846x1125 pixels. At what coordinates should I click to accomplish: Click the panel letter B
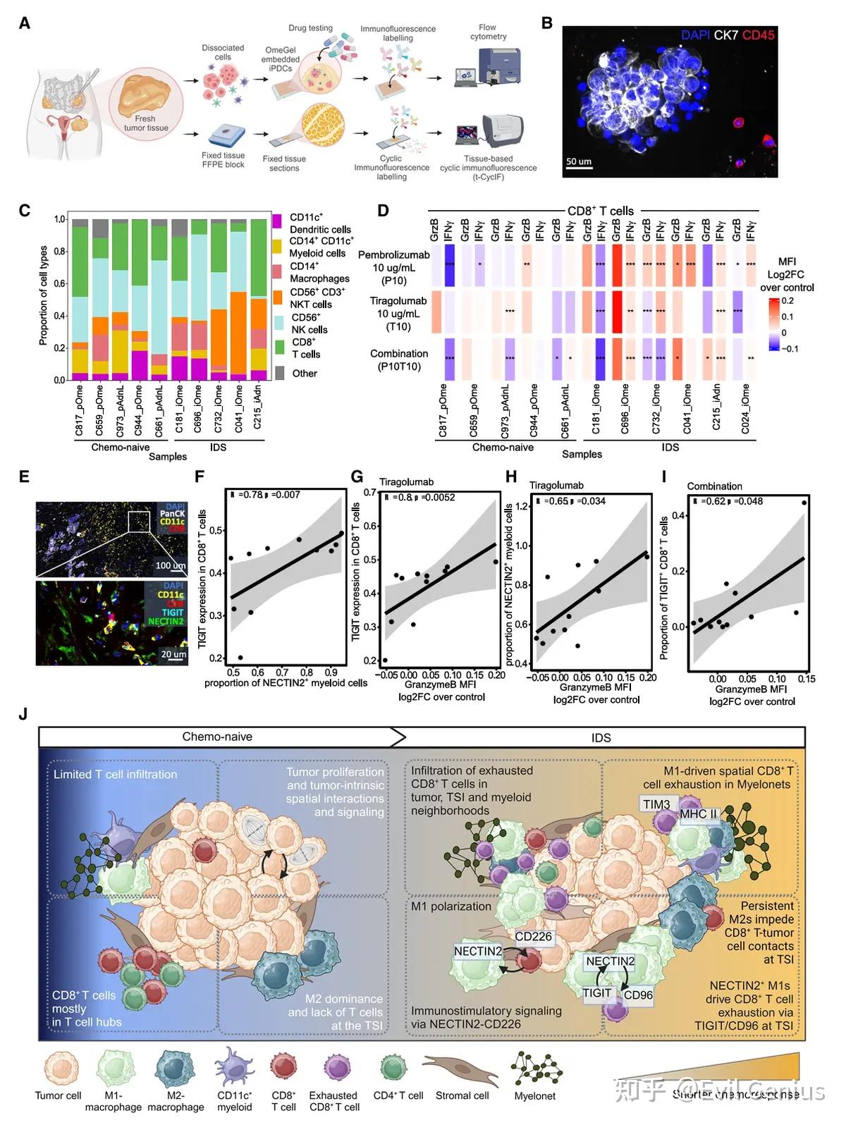(x=546, y=23)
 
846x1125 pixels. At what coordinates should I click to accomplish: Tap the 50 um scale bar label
(x=579, y=162)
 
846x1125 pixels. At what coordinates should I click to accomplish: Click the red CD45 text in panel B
(x=759, y=35)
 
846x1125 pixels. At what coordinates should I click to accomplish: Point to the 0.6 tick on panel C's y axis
(x=60, y=283)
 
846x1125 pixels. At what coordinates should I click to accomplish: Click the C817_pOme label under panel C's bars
(x=80, y=410)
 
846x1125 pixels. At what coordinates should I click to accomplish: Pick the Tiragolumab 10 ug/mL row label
(x=398, y=313)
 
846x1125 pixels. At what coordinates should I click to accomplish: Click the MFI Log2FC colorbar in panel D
(x=774, y=324)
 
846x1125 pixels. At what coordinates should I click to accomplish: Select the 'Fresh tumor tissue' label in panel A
(x=146, y=123)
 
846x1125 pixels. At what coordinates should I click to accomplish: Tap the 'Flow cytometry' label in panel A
(x=488, y=32)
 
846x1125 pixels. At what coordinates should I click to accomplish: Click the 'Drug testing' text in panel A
(x=310, y=28)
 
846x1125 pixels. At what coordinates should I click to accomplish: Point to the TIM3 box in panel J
(x=656, y=804)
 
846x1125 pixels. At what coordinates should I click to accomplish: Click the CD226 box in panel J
(x=534, y=937)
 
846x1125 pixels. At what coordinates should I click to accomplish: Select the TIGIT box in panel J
(x=596, y=992)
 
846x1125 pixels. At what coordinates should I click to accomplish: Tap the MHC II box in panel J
(x=698, y=814)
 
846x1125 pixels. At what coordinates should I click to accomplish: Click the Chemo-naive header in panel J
(x=217, y=737)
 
